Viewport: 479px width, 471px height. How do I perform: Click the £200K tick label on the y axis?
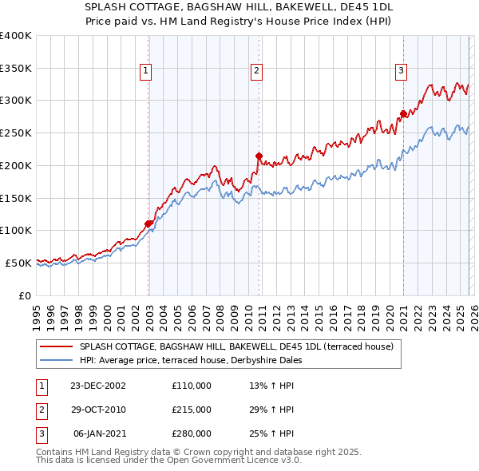16,165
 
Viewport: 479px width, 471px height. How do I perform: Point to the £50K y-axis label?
18,263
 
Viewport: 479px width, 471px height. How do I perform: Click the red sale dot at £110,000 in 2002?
148,224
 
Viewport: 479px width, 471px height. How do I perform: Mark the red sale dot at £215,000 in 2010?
259,156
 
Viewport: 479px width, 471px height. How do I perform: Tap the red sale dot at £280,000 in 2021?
403,113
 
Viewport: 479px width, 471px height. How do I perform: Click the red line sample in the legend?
56,347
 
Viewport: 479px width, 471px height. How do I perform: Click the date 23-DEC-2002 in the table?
98,386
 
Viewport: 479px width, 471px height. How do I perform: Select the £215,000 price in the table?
192,410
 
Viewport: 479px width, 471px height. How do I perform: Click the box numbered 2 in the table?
41,410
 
